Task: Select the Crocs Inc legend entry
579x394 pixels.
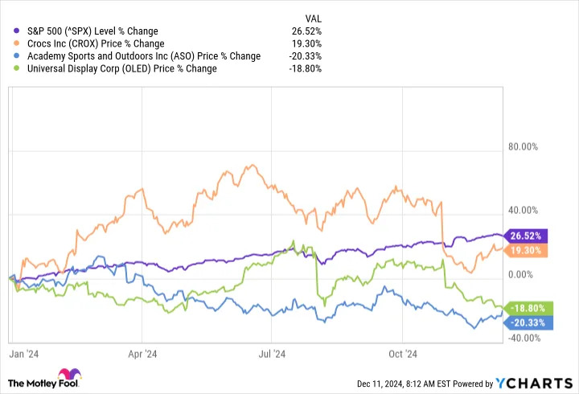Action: coord(101,43)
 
